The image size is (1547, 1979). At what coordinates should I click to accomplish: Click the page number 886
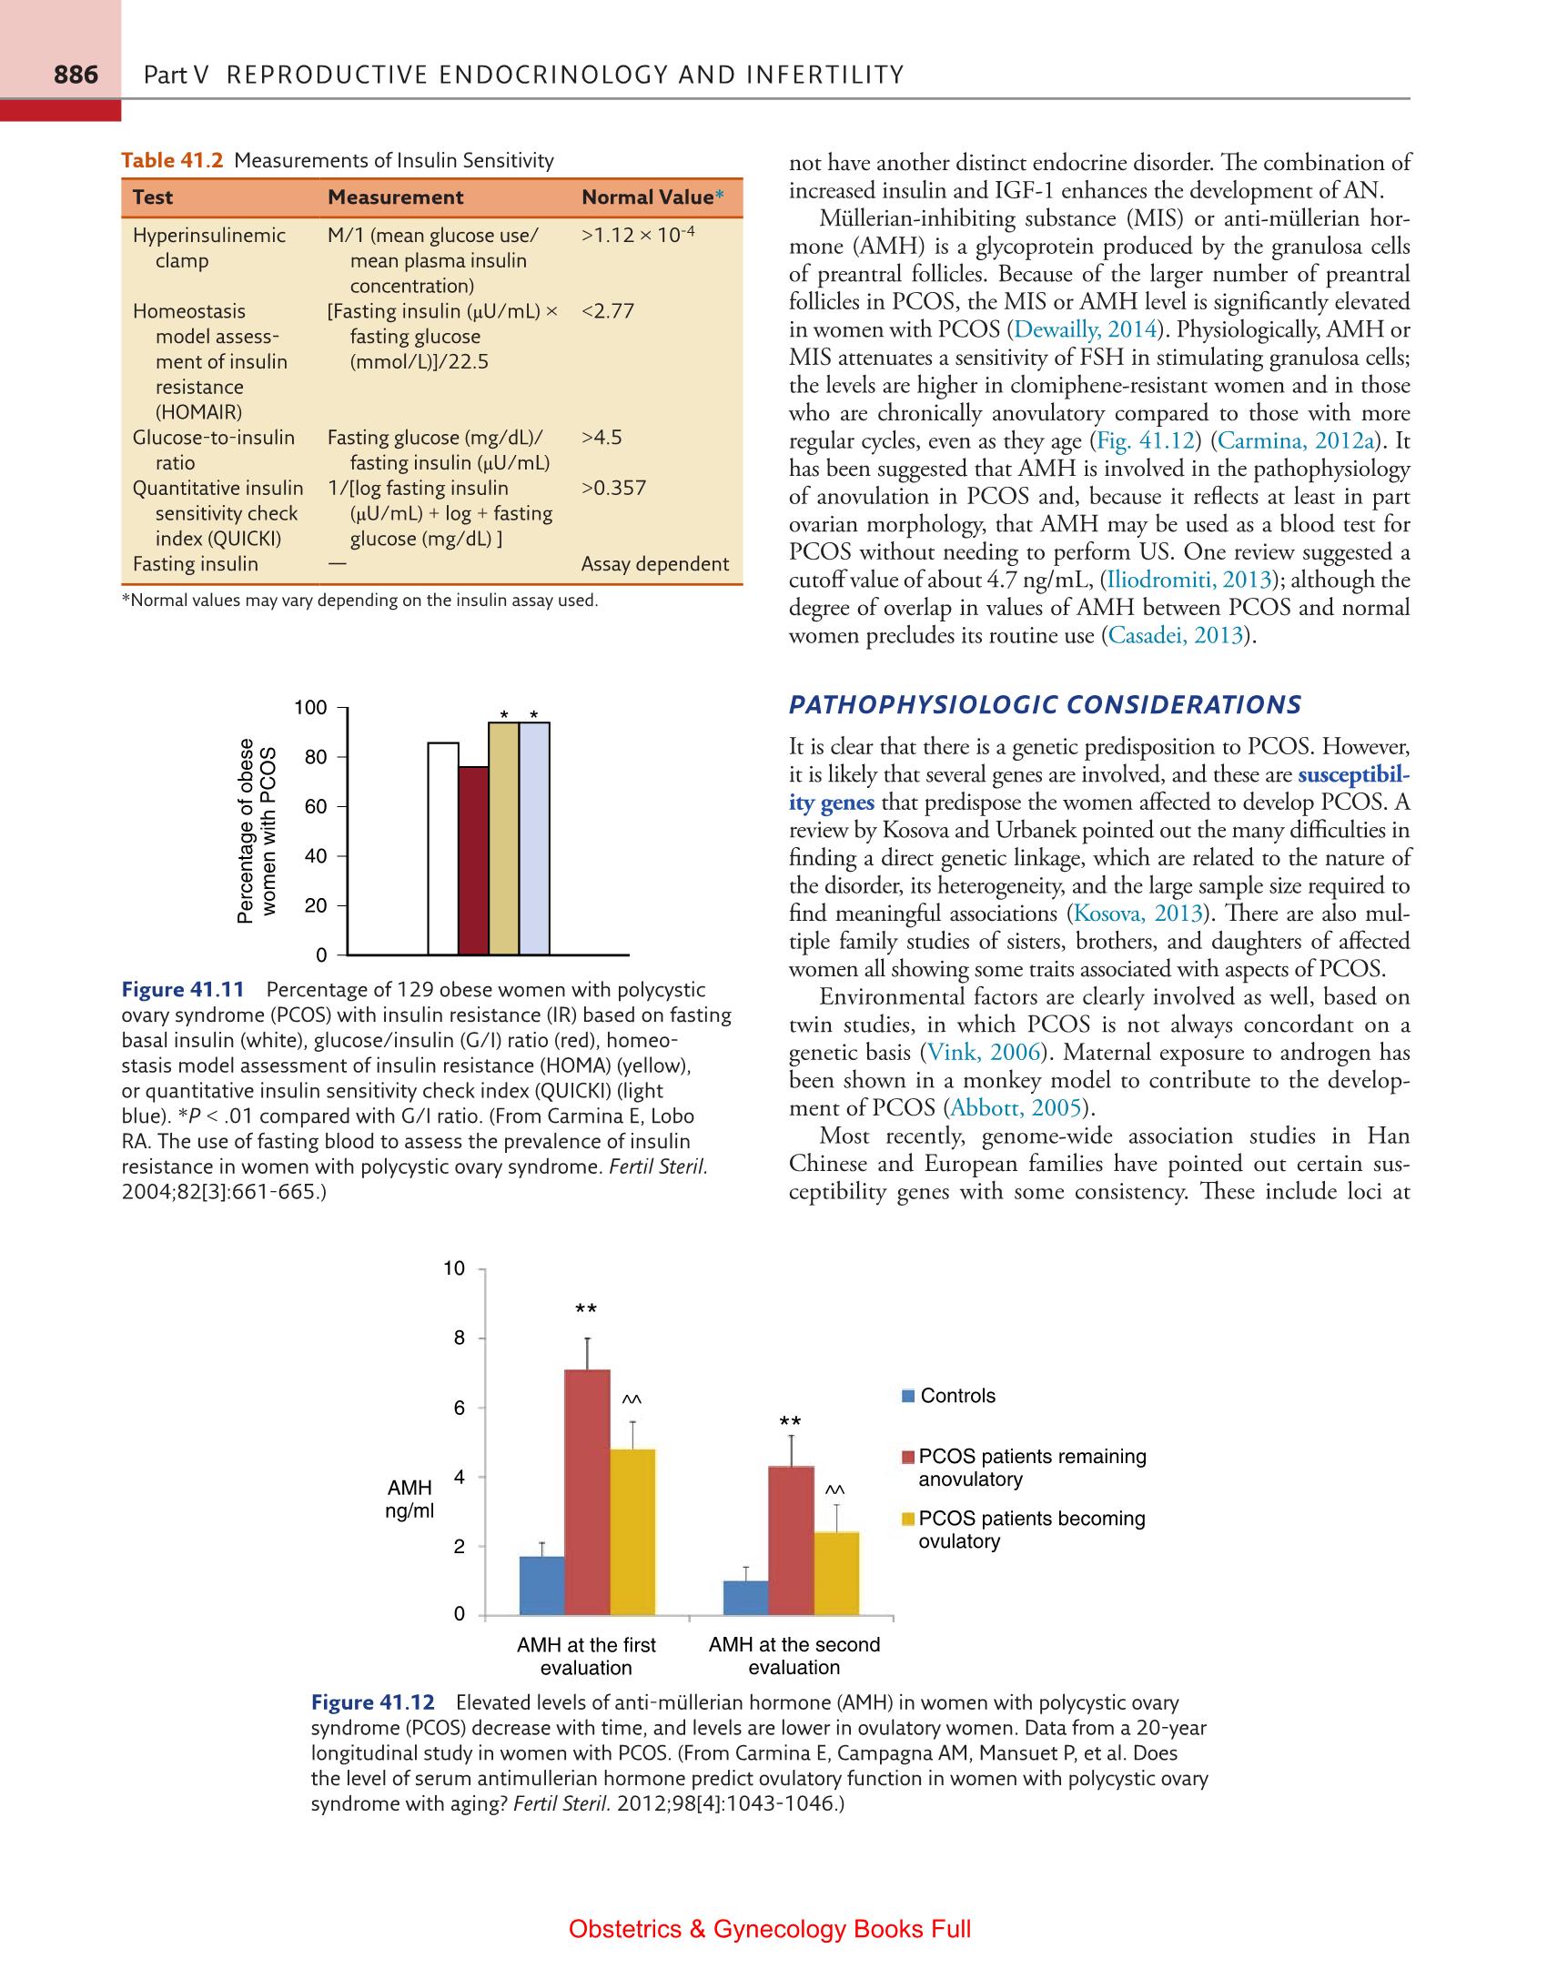click(76, 75)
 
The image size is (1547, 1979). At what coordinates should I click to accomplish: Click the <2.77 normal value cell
click(607, 311)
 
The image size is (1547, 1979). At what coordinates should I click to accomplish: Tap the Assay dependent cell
click(654, 564)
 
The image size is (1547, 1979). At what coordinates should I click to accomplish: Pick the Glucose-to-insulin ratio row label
click(213, 449)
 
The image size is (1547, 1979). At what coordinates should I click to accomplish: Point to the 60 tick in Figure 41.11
click(315, 806)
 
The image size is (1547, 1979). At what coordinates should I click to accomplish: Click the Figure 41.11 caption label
click(183, 990)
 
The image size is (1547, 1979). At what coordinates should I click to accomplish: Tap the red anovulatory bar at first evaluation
click(587, 1492)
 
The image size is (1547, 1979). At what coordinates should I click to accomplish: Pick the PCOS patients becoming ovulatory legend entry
click(1030, 1530)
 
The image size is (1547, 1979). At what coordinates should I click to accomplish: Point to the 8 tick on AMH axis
click(459, 1338)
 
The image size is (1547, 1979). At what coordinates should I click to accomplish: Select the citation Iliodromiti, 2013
click(1187, 581)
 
